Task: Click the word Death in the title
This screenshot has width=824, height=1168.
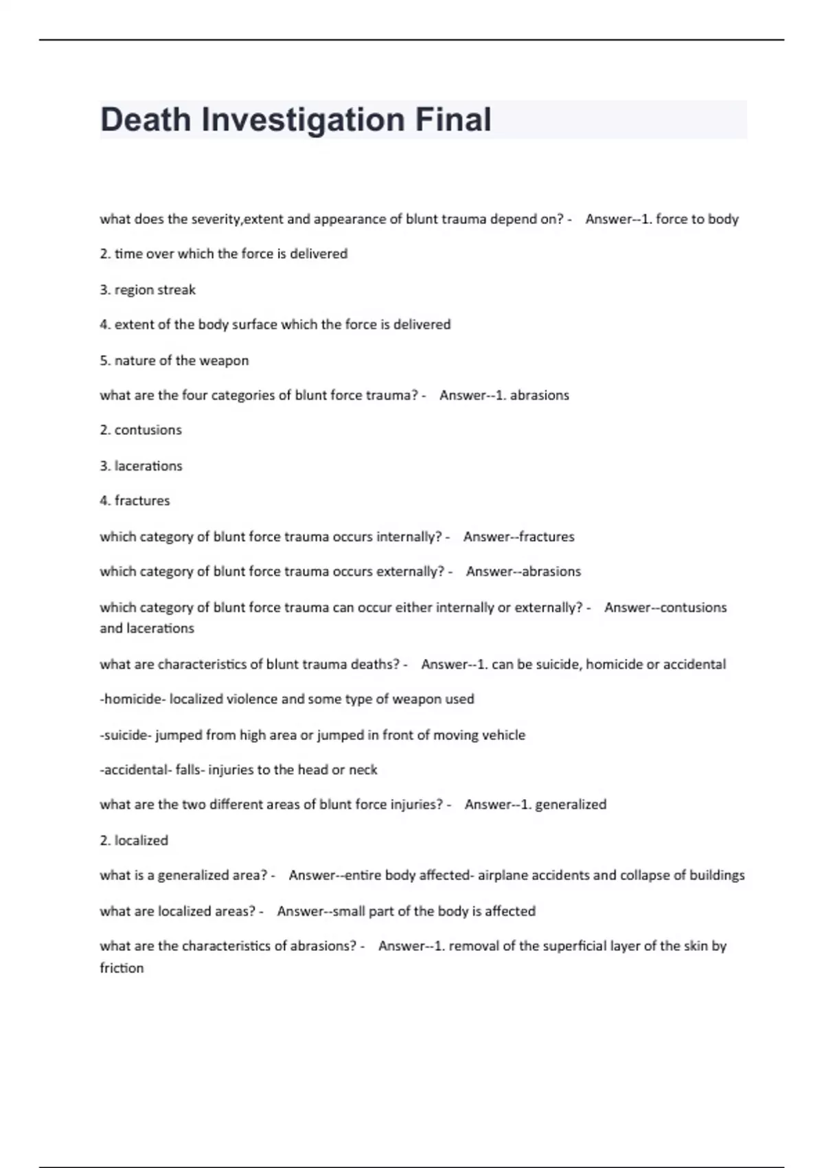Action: click(x=146, y=120)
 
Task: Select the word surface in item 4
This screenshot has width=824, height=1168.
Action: click(x=254, y=324)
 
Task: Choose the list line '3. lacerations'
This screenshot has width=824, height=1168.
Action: click(x=141, y=466)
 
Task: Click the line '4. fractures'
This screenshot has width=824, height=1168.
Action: click(x=135, y=501)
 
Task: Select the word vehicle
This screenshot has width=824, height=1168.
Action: click(x=503, y=735)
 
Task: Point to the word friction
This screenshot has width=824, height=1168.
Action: click(x=122, y=968)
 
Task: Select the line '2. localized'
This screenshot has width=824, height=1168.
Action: click(x=134, y=840)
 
